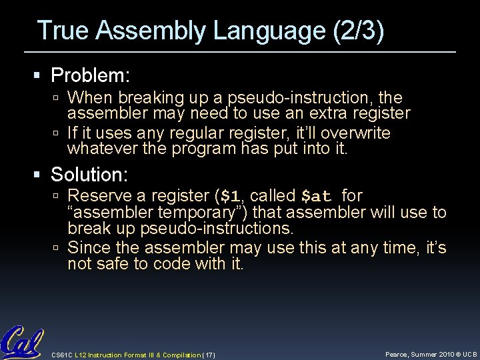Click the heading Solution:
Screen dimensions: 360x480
pyautogui.click(x=91, y=175)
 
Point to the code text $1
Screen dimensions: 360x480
pyautogui.click(x=231, y=197)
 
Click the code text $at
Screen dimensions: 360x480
pyautogui.click(x=316, y=197)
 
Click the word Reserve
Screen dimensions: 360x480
pyautogui.click(x=98, y=196)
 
